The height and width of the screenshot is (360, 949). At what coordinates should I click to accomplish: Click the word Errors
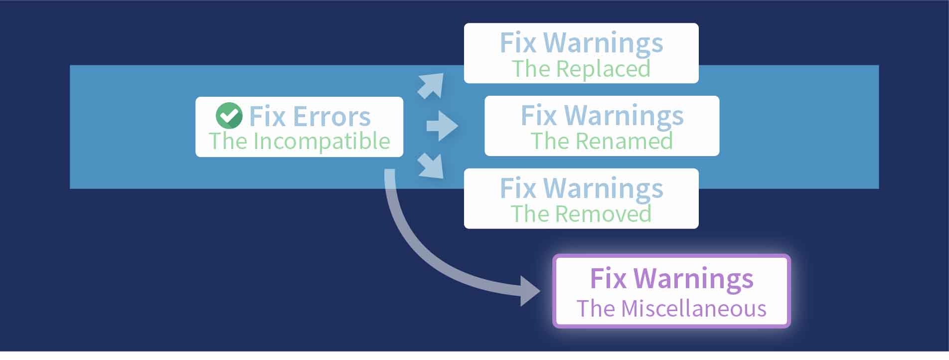pyautogui.click(x=331, y=117)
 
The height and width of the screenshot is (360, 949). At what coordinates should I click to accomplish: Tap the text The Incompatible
pyautogui.click(x=299, y=141)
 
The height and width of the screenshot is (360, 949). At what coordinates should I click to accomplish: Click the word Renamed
pyautogui.click(x=624, y=141)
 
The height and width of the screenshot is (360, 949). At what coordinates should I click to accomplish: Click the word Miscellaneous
pyautogui.click(x=693, y=309)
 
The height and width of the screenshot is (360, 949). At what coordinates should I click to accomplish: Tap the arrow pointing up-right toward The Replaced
pyautogui.click(x=431, y=85)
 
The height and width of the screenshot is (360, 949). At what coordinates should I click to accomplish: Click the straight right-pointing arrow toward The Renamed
pyautogui.click(x=442, y=126)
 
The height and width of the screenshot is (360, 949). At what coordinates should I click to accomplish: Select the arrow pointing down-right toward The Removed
pyautogui.click(x=431, y=166)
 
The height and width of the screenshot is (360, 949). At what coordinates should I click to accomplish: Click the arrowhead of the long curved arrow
pyautogui.click(x=529, y=291)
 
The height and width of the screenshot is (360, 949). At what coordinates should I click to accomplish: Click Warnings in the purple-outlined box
pyautogui.click(x=694, y=279)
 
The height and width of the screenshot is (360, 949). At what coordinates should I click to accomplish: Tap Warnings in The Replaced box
pyautogui.click(x=604, y=43)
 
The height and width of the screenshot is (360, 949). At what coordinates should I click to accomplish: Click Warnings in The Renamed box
pyautogui.click(x=624, y=116)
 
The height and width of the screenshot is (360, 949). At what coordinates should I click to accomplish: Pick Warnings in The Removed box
pyautogui.click(x=604, y=188)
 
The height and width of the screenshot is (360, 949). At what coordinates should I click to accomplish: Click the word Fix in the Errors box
pyautogui.click(x=267, y=117)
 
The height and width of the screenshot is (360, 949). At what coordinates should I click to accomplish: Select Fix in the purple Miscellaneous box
pyautogui.click(x=608, y=279)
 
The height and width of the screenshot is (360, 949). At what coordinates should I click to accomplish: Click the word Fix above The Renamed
pyautogui.click(x=538, y=116)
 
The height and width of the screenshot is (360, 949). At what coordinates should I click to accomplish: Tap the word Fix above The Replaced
pyautogui.click(x=517, y=43)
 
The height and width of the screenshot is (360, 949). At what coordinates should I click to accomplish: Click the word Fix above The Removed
pyautogui.click(x=517, y=188)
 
